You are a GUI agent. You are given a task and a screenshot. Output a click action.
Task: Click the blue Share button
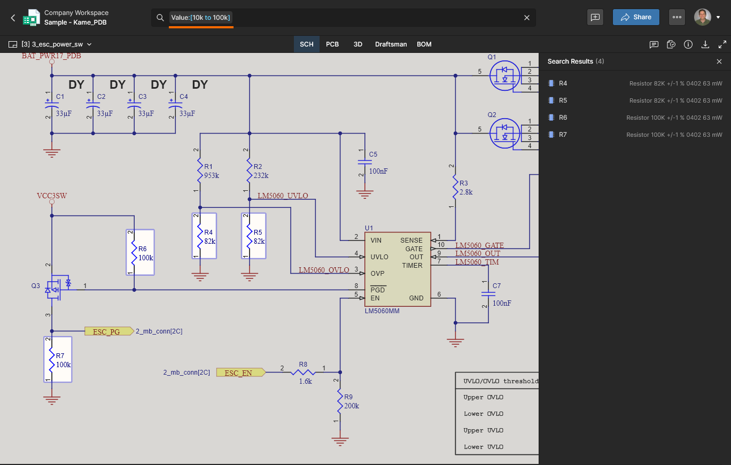[x=636, y=17]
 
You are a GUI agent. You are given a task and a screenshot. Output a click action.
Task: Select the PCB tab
[x=332, y=44]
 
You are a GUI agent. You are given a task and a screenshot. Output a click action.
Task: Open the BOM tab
[x=424, y=44]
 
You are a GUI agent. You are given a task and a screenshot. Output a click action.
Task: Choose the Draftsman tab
[x=391, y=44]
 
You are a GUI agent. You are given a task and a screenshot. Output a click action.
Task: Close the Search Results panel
[x=719, y=61]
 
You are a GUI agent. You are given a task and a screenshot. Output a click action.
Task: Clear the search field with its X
[x=527, y=18]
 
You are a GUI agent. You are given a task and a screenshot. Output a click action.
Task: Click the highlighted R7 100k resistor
[x=58, y=359]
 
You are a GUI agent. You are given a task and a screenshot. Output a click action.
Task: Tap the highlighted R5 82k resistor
[x=254, y=236]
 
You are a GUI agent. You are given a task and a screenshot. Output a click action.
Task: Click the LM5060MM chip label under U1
[x=382, y=311]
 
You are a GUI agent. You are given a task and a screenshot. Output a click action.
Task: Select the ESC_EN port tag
[x=241, y=373]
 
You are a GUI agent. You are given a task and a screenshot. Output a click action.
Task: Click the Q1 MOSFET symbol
[x=504, y=75]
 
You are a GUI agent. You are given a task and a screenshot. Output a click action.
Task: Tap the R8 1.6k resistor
[x=303, y=372]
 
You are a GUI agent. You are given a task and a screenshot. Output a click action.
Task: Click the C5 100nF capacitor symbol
[x=365, y=162]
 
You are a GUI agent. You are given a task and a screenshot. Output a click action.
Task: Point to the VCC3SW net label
[x=51, y=196]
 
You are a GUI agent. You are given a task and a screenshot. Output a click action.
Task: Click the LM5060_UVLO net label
[x=283, y=196]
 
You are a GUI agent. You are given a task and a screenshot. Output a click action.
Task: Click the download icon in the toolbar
[x=705, y=44]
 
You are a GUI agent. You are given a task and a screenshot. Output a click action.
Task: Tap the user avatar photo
[x=702, y=17]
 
